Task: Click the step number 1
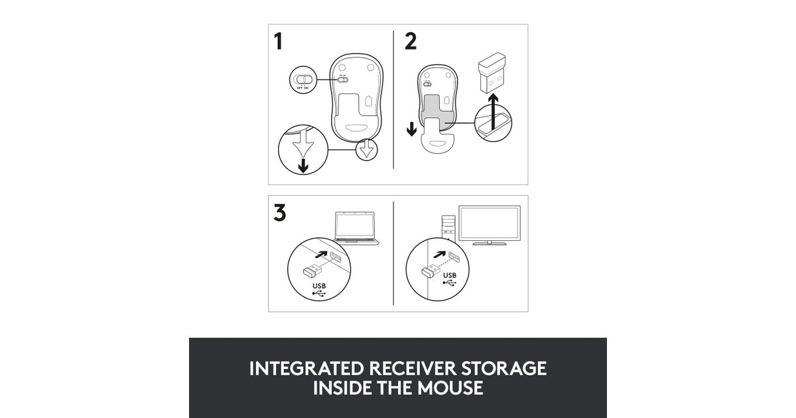278,42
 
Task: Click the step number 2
411,41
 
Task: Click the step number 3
280,212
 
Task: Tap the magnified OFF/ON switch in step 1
302,80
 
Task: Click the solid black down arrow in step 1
303,166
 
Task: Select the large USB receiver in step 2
492,72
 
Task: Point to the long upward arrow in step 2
493,112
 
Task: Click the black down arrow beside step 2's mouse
411,129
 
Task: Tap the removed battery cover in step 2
437,137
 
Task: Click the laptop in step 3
356,228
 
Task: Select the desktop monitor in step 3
490,226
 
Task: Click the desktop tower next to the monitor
448,228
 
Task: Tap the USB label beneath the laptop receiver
319,286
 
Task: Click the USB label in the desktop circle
450,275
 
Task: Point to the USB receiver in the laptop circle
312,271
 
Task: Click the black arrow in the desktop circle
440,255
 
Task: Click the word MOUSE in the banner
450,387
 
